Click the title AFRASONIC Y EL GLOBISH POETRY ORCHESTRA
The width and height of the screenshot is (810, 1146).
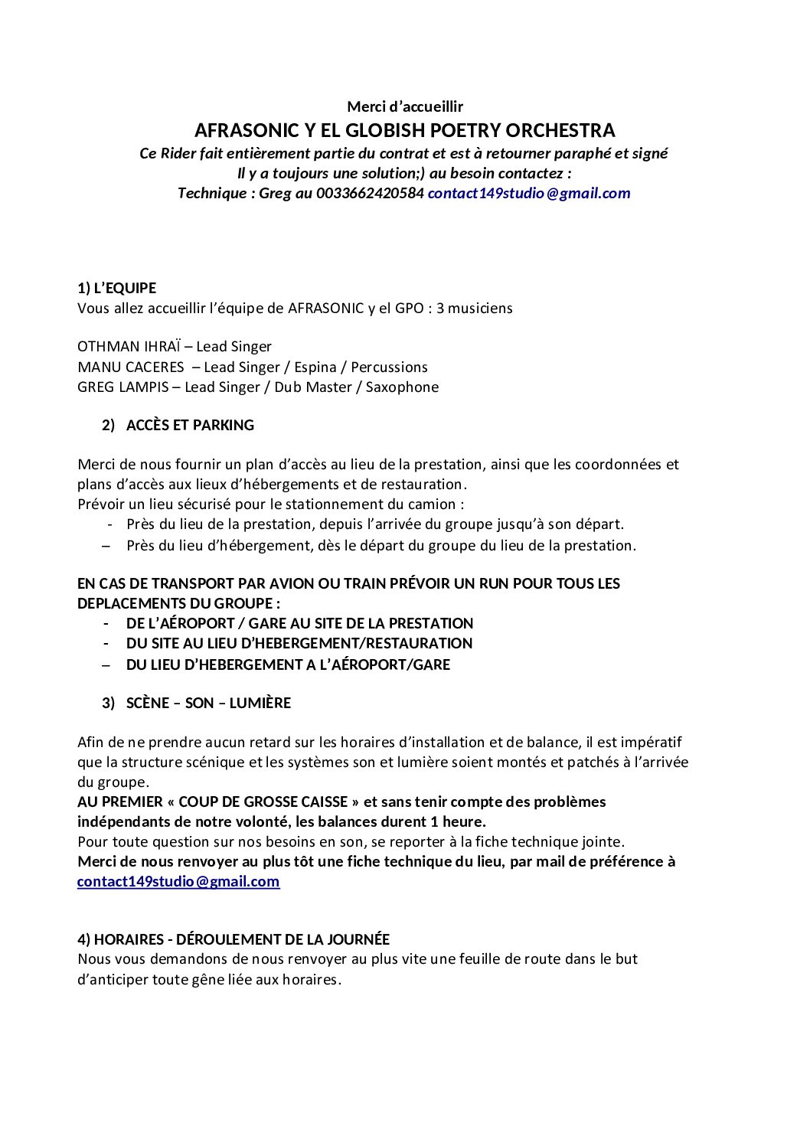pos(404,130)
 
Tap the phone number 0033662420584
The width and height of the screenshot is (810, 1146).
pos(370,193)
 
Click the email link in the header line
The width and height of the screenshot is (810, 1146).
pos(528,193)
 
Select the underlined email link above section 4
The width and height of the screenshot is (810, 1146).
pos(178,881)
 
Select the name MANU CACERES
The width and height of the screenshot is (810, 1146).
pos(131,367)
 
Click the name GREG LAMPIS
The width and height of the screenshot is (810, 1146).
pos(122,387)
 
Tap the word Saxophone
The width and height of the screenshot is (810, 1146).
pos(402,387)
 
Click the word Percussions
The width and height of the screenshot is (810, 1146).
pos(389,367)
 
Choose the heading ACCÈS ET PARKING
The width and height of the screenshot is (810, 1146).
pos(190,426)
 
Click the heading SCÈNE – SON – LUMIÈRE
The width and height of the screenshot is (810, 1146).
pos(208,703)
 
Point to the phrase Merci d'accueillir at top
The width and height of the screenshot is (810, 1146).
pos(405,106)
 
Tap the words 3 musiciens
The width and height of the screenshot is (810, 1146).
pos(475,309)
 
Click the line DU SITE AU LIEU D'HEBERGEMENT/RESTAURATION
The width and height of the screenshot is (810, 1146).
pos(299,644)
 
